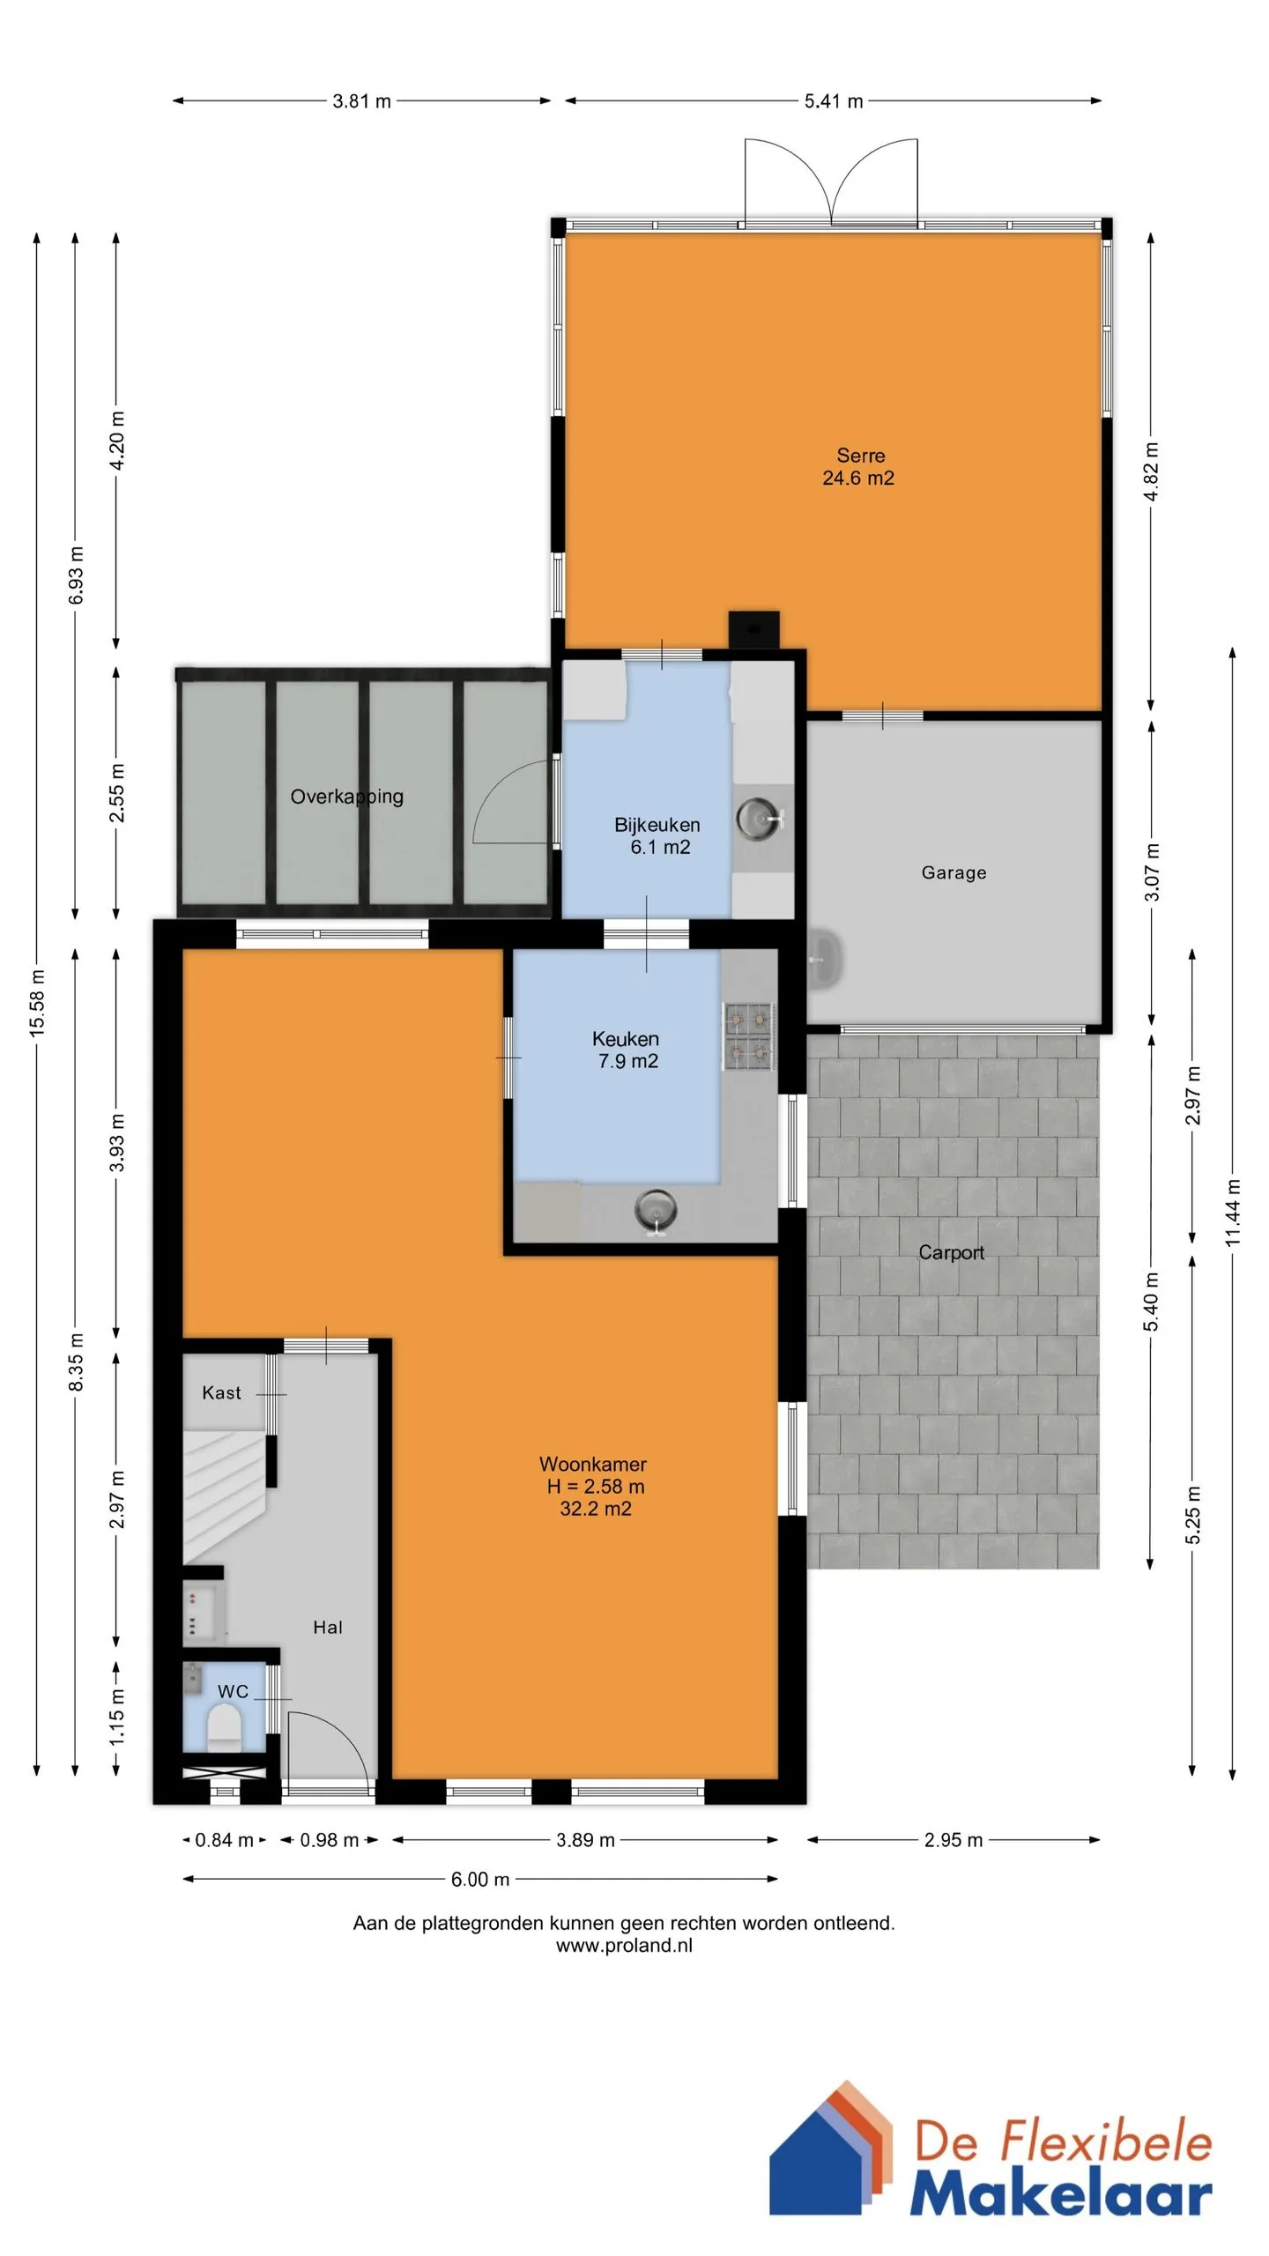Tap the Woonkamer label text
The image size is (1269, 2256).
[593, 1464]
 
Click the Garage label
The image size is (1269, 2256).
[954, 872]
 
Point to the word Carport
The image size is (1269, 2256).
[951, 1252]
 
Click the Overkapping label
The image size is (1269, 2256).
[347, 797]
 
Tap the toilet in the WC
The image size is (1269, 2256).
[224, 1727]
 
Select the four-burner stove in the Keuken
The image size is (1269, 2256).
[749, 1036]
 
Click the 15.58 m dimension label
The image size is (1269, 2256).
[37, 1002]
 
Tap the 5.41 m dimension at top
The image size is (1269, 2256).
[833, 101]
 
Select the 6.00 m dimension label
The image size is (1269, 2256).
[480, 1879]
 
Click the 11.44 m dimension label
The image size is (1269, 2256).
[1233, 1213]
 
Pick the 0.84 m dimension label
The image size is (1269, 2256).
[225, 1840]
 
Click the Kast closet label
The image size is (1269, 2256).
[221, 1392]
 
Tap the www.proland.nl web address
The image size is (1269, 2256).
[624, 1945]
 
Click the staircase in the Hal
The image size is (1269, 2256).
[225, 1497]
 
